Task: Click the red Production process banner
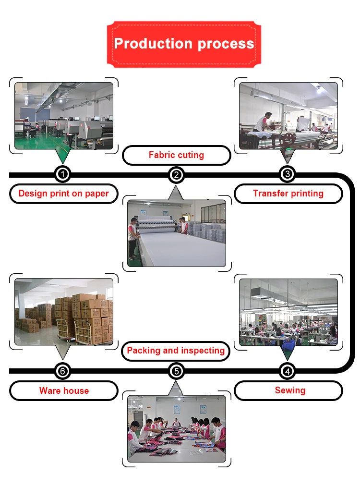(x=184, y=44)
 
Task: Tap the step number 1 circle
(x=63, y=174)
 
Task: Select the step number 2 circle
(x=177, y=175)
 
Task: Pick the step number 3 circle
(x=287, y=174)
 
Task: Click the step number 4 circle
(x=287, y=371)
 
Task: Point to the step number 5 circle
(x=177, y=371)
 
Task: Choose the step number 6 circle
(x=63, y=371)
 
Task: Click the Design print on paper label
(x=63, y=194)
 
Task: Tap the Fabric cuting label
(x=176, y=155)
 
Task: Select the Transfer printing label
(x=288, y=194)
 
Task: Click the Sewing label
(x=290, y=390)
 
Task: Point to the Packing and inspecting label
(x=176, y=351)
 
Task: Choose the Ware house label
(x=64, y=391)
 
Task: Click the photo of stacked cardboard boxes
(x=64, y=312)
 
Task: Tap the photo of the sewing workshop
(x=288, y=312)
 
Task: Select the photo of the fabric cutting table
(x=177, y=233)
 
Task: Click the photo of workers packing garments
(x=177, y=429)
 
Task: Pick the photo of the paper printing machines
(x=64, y=116)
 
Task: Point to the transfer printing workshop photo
(x=288, y=116)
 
